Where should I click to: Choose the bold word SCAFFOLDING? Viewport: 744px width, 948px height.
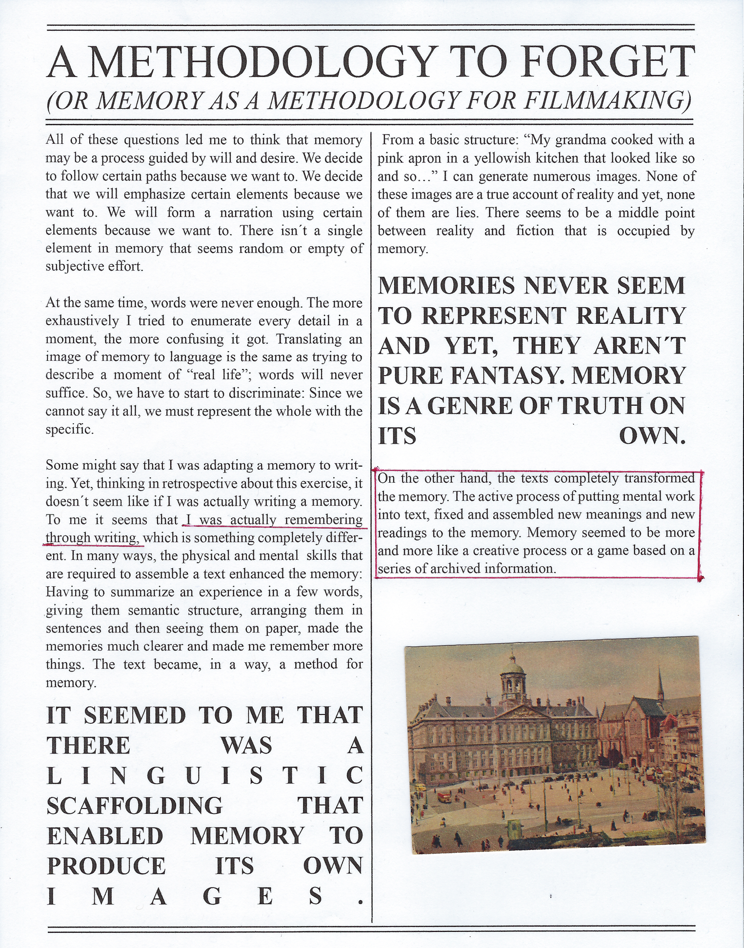(134, 806)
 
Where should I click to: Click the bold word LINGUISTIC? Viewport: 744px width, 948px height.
(205, 775)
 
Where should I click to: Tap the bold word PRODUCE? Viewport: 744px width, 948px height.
(106, 866)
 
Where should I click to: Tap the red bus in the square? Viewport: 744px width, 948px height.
(444, 797)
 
